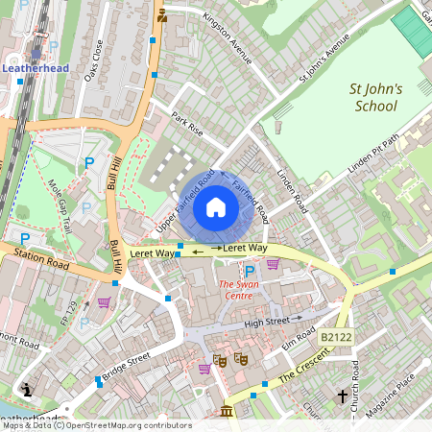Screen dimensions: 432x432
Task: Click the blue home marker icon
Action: [216, 207]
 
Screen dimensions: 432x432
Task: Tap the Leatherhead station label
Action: [36, 69]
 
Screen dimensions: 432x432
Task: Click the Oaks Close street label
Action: [94, 60]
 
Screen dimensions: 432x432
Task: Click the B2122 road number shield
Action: [337, 337]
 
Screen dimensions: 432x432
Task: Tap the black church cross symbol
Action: [343, 396]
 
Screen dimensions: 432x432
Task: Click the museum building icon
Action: [226, 412]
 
